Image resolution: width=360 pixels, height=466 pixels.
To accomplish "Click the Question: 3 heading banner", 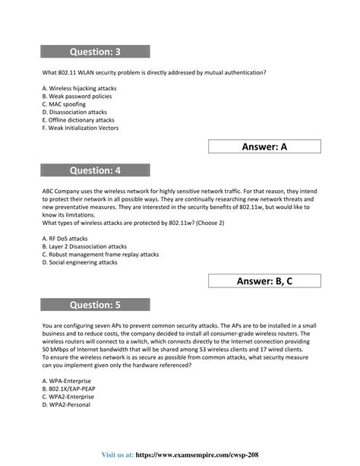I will click(x=96, y=52).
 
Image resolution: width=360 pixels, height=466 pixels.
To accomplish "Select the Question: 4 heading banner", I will click(x=96, y=171).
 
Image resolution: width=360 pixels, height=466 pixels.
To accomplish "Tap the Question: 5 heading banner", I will click(x=96, y=306).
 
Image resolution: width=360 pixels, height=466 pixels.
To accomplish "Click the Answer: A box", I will click(x=264, y=147).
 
